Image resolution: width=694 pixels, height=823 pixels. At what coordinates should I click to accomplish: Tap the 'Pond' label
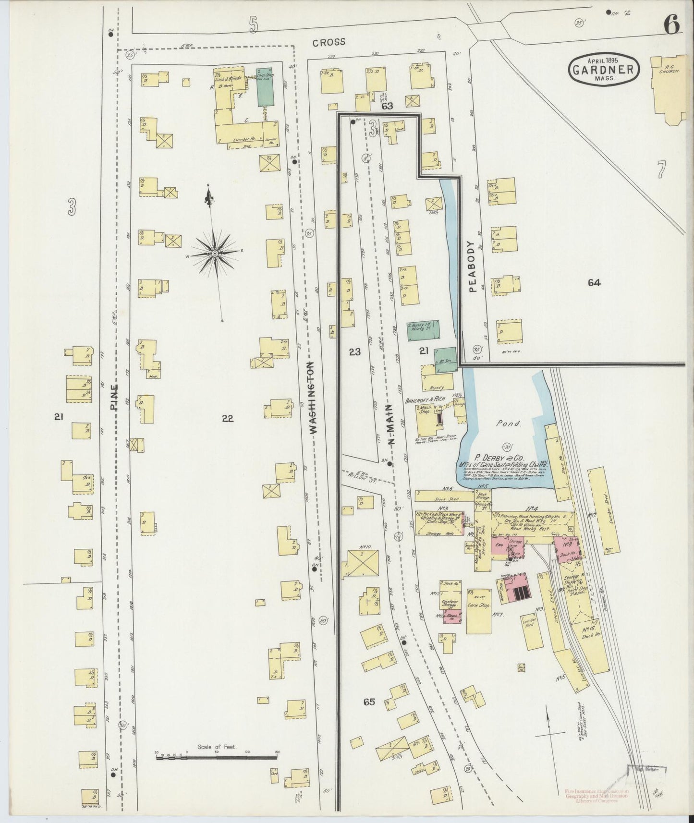coord(510,424)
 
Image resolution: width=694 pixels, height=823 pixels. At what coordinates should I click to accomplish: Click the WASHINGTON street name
coord(313,398)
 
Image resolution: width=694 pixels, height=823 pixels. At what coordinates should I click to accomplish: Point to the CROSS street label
coord(329,42)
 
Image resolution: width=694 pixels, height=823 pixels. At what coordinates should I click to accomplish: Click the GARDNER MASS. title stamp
coord(605,70)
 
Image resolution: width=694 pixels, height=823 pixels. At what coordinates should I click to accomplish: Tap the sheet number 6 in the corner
coord(672,25)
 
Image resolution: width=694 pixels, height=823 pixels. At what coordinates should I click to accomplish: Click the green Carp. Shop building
coord(265,86)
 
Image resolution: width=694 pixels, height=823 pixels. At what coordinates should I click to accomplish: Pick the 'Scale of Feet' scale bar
coord(216,757)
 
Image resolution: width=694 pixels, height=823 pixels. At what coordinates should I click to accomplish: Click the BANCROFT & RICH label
coord(425,399)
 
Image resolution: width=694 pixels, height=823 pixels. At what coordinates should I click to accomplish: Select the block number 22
coord(227,419)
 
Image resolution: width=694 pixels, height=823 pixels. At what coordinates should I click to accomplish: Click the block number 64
coord(594,283)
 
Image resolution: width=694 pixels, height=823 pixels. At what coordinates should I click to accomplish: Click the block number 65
coord(368,702)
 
